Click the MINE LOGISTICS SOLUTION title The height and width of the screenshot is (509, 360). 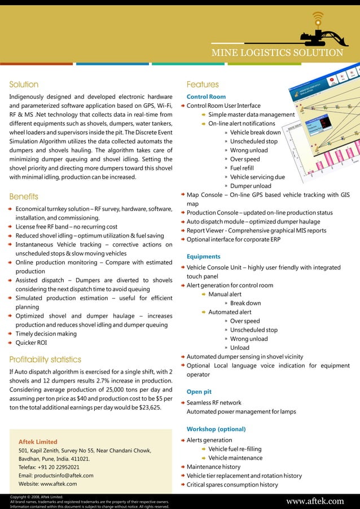277,53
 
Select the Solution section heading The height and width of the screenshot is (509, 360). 24,85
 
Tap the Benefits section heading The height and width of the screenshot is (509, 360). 24,197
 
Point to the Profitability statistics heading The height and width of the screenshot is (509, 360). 45,359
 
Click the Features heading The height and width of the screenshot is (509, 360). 203,85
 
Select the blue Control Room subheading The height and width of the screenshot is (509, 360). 206,97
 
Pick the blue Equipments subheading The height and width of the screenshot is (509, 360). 203,257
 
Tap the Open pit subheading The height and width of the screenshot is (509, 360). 200,392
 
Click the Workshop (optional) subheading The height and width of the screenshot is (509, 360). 209,429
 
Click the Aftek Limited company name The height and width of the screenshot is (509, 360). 38,442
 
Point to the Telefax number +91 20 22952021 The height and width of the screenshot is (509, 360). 49,467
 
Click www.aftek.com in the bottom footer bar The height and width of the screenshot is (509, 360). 315,501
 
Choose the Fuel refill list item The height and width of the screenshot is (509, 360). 243,168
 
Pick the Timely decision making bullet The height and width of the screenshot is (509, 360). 46,334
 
